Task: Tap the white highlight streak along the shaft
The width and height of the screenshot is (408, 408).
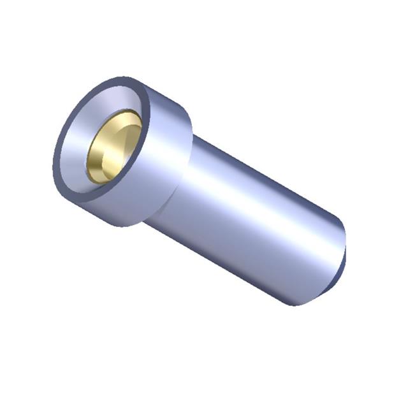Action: pyautogui.click(x=261, y=191)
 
